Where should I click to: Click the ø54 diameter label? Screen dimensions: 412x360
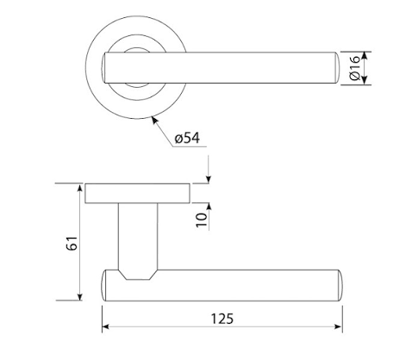187,138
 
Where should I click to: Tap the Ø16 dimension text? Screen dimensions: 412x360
354,68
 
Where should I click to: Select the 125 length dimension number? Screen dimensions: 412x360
222,319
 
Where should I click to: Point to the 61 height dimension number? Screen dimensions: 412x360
72,243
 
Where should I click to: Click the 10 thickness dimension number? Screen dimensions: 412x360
202,220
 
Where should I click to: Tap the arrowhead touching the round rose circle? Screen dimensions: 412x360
155,120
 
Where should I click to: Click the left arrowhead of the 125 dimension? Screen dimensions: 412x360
105,326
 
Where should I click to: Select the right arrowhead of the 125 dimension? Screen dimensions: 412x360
339,326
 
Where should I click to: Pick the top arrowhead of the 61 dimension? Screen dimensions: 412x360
80,188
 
